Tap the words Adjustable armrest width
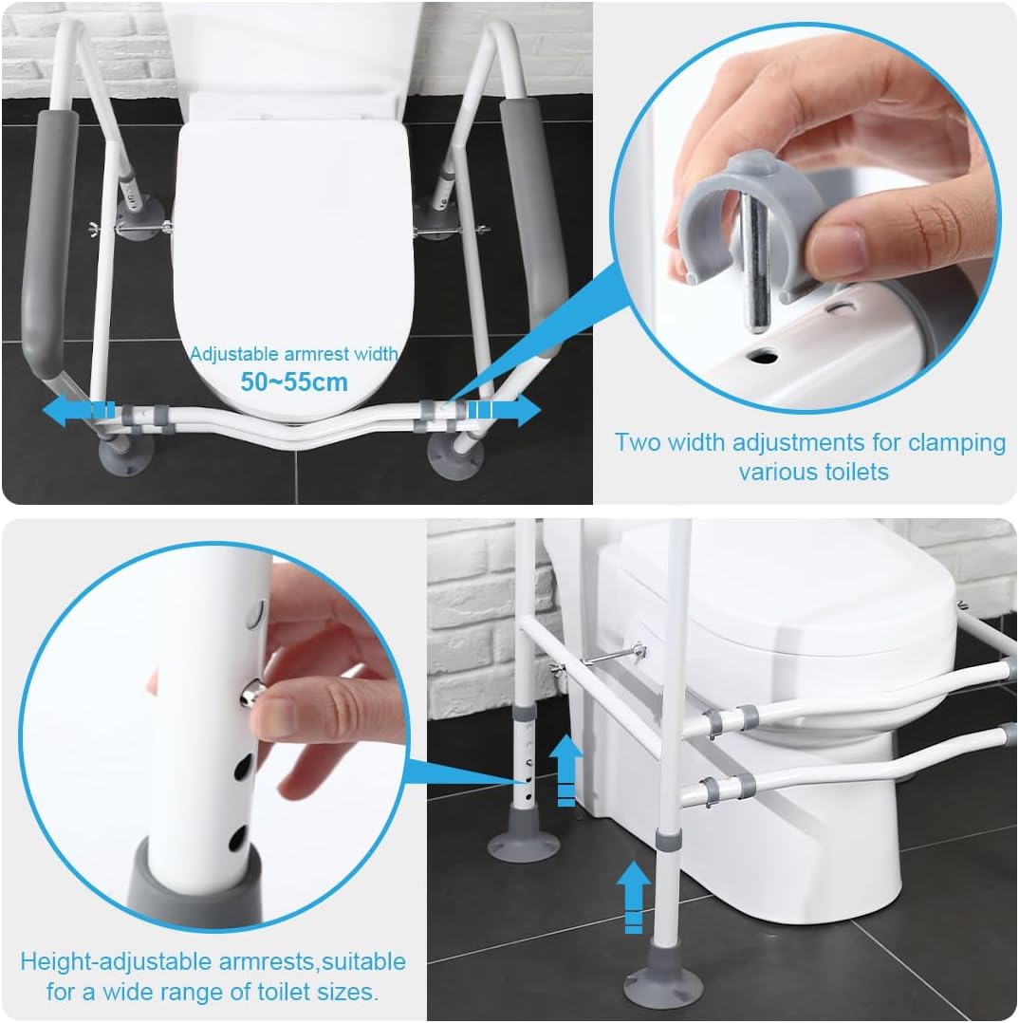(293, 354)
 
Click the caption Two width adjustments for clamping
(809, 442)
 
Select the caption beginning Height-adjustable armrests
(213, 961)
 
